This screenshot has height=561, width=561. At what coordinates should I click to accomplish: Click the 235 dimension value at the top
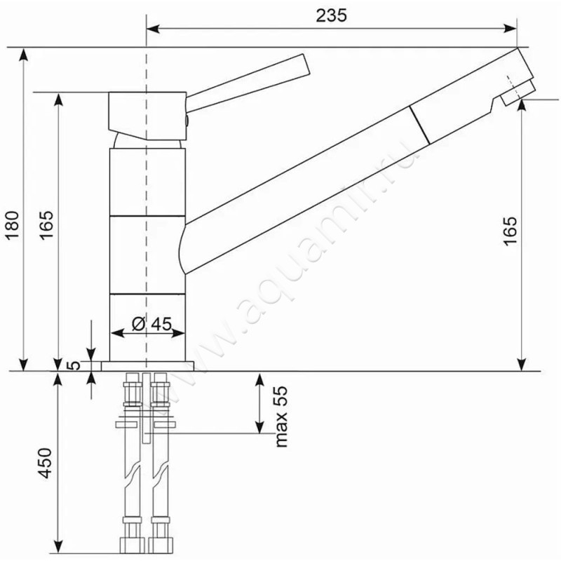331,15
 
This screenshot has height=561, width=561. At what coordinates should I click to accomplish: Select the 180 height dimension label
13,226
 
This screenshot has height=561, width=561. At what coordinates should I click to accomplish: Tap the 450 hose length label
46,463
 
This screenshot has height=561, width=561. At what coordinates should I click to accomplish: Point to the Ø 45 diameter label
151,324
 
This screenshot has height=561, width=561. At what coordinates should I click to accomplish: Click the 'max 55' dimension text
281,416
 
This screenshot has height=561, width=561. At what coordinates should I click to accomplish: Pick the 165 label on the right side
510,231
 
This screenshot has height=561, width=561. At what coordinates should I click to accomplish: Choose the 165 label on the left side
46,225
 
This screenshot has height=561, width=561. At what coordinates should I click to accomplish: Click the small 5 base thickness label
74,365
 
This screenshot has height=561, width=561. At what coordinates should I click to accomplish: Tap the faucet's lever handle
248,83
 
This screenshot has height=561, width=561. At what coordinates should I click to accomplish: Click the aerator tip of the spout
518,93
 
